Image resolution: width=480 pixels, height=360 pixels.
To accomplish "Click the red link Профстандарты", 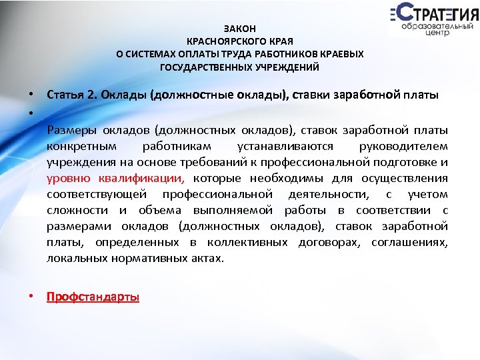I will pyautogui.click(x=93, y=297).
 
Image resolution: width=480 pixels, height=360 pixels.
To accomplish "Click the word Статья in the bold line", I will pyautogui.click(x=65, y=94).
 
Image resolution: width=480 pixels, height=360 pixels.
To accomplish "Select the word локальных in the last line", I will pyautogui.click(x=74, y=257).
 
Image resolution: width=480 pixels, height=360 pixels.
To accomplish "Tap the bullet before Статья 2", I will pyautogui.click(x=32, y=94).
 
